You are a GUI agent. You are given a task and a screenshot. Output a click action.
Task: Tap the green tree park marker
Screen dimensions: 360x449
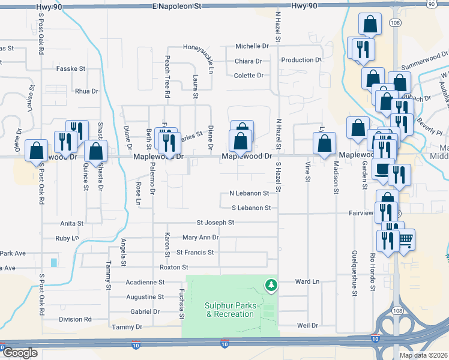click(x=272, y=284)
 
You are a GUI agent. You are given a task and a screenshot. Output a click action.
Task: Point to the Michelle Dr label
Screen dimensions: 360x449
click(x=251, y=46)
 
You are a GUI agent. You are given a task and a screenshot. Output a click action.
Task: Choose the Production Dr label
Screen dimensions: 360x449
click(x=301, y=60)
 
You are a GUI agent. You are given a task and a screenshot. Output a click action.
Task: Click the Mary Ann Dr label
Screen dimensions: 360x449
click(x=200, y=238)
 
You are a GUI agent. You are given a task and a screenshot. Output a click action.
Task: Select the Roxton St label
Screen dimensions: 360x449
click(x=173, y=267)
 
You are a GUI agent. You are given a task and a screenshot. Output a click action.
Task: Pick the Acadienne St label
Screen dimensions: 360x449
click(x=145, y=282)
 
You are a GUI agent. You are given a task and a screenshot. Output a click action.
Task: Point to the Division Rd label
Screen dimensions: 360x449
click(x=75, y=320)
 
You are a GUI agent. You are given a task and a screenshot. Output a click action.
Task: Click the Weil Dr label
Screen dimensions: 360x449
click(x=307, y=326)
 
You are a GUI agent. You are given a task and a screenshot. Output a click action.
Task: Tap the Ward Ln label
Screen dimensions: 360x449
click(x=307, y=281)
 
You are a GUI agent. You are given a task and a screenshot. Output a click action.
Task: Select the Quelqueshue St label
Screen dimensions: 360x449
click(x=355, y=274)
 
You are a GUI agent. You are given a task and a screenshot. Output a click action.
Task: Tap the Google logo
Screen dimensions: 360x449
click(x=20, y=353)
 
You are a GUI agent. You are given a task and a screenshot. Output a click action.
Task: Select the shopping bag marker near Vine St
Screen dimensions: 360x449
click(x=324, y=144)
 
